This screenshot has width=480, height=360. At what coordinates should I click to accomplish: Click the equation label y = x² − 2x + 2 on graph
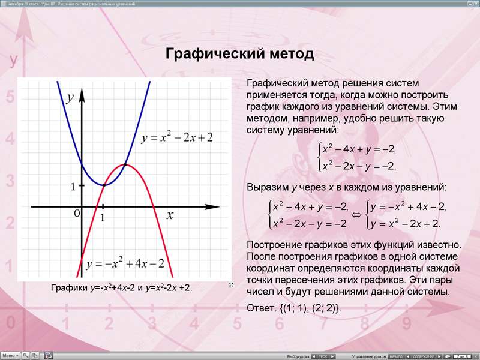[177, 138]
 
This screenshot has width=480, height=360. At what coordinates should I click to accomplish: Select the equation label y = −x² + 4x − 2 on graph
[125, 264]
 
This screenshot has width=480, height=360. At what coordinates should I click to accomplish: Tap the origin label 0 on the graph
[77, 214]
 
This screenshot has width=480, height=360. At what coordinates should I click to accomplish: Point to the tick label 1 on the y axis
[73, 187]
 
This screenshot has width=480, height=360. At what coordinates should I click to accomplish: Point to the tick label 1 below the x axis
[103, 218]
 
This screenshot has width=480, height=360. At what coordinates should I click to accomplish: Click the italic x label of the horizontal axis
[170, 215]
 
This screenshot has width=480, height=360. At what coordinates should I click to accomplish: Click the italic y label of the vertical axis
[71, 98]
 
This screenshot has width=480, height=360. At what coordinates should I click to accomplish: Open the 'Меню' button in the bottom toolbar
[10, 355]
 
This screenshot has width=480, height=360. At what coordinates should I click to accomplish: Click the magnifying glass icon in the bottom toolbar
[26, 355]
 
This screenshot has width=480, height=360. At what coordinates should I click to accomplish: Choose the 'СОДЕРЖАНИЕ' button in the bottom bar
[423, 356]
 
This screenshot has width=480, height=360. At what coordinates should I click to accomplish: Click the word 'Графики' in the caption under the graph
[69, 288]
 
